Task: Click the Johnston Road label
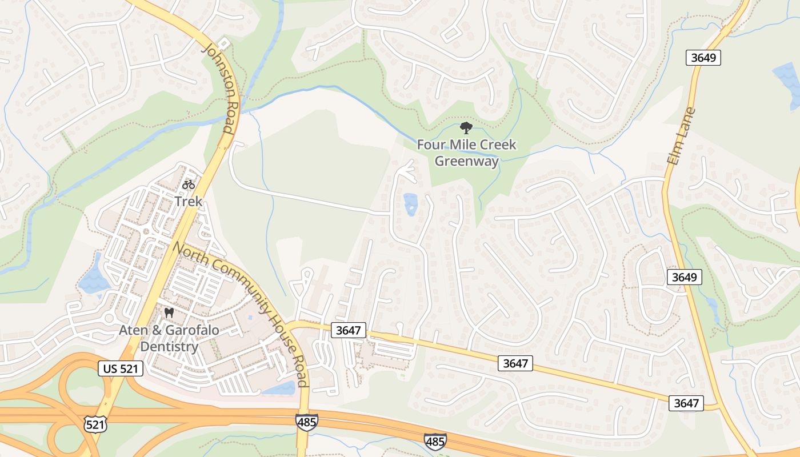219,88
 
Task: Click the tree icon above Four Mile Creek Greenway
466,128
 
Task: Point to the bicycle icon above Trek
189,185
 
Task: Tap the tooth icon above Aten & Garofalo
169,312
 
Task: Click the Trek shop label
189,202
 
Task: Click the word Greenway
466,161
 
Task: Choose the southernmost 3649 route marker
684,277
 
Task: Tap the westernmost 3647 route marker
348,330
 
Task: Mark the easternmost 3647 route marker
686,403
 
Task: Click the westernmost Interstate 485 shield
307,422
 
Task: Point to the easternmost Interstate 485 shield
435,440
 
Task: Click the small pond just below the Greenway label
410,204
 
